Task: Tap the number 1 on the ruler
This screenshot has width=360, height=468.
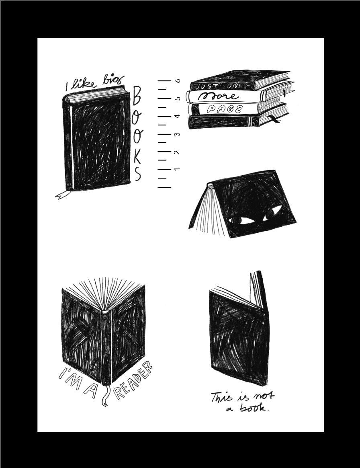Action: click(x=177, y=169)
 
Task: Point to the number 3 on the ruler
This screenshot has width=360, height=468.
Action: click(x=178, y=134)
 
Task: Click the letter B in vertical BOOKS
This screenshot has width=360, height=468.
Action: click(x=137, y=96)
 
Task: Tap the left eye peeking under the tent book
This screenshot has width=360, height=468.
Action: click(x=241, y=220)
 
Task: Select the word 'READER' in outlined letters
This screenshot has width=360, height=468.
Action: click(x=133, y=381)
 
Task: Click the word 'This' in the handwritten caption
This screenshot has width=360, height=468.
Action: click(x=221, y=397)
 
